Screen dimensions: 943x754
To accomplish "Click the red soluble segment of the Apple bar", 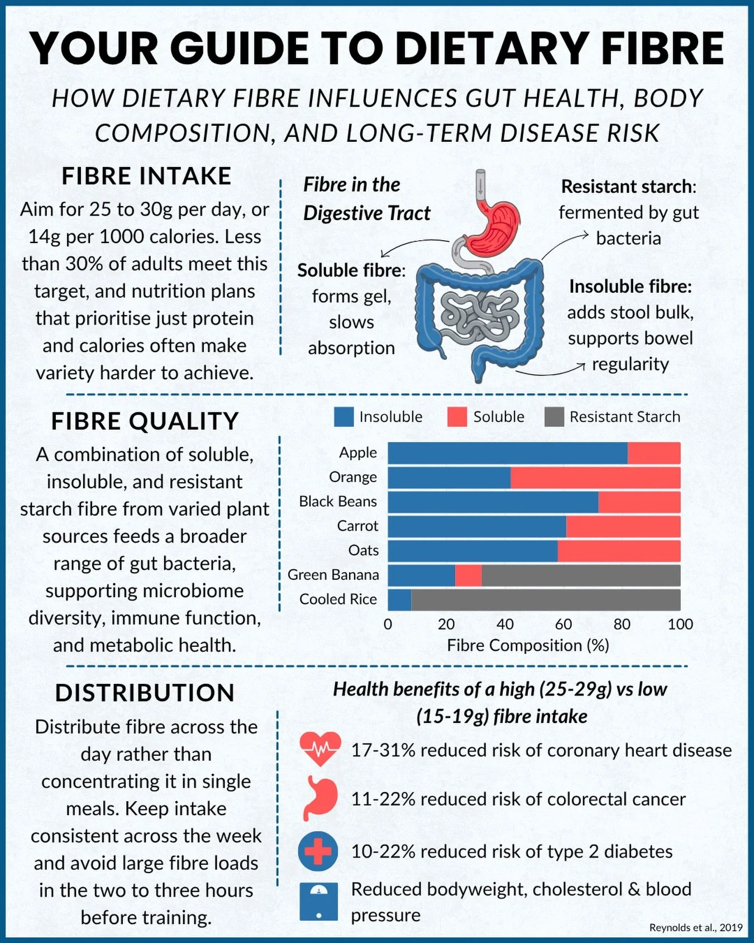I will pyautogui.click(x=653, y=453).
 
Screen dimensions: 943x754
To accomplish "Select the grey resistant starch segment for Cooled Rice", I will pyautogui.click(x=545, y=599).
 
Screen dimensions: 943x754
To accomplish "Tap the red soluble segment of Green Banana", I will pyautogui.click(x=468, y=575).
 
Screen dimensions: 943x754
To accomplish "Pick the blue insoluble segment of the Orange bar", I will pyautogui.click(x=449, y=478).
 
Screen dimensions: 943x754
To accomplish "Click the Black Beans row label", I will pyautogui.click(x=338, y=502).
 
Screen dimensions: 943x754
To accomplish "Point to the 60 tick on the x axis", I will pyautogui.click(x=563, y=624).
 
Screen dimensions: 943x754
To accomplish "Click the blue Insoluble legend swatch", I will pyautogui.click(x=343, y=417).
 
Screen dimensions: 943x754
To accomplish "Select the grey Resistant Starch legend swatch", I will pyautogui.click(x=554, y=417).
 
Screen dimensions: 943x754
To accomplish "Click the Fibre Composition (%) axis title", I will pyautogui.click(x=528, y=645).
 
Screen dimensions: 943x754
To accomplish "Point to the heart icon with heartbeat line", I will pyautogui.click(x=319, y=749).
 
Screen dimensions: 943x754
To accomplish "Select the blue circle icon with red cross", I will pyautogui.click(x=318, y=851).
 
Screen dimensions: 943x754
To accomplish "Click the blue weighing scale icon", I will pyautogui.click(x=318, y=901).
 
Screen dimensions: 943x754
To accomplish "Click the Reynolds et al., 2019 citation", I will pyautogui.click(x=695, y=927).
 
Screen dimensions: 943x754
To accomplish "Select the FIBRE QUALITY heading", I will pyautogui.click(x=145, y=421).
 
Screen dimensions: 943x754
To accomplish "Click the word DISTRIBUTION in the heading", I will pyautogui.click(x=145, y=693).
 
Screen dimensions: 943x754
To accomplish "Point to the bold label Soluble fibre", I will pyautogui.click(x=351, y=270).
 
